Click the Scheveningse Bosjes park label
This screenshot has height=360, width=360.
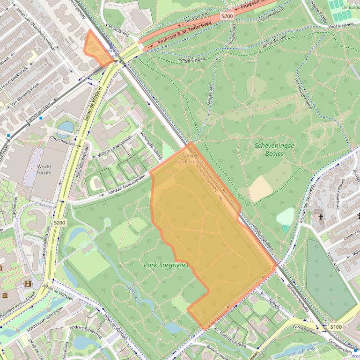[x=274, y=149]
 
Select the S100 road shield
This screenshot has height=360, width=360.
[x=336, y=326]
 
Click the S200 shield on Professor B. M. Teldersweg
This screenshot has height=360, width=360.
[x=227, y=16]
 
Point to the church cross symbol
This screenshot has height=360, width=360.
[x=321, y=217]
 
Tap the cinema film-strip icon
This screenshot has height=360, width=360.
[x=28, y=283]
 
